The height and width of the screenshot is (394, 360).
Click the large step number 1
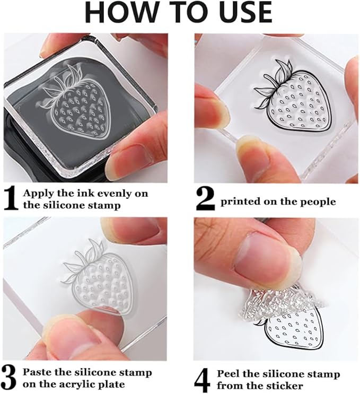tap(11, 198)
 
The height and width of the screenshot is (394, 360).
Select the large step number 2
tap(205, 199)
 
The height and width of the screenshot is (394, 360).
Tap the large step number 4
tap(202, 380)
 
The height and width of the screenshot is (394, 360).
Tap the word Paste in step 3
tap(37, 372)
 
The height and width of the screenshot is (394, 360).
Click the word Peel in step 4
tap(228, 374)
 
